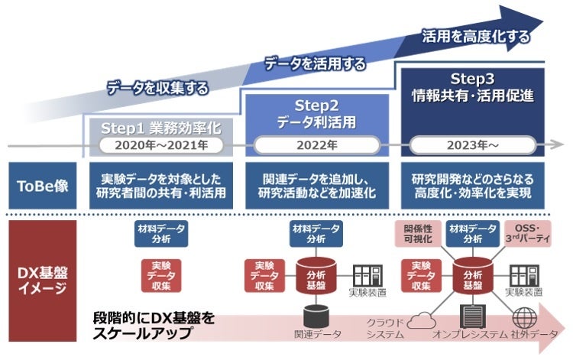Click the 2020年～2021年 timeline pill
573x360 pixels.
click(x=156, y=144)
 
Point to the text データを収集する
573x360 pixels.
click(x=157, y=89)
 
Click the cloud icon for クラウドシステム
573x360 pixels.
click(x=421, y=321)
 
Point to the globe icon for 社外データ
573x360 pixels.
click(x=525, y=317)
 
